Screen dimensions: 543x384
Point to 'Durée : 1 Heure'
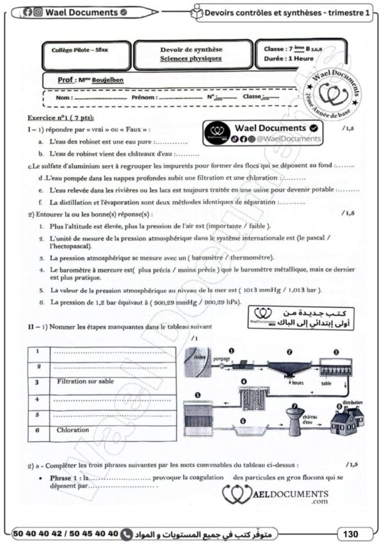tap(289, 58)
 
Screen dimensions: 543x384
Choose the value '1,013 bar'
tap(303, 289)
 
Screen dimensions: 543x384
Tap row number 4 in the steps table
tap(38, 398)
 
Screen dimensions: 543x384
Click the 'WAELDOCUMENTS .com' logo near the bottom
tap(276, 495)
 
